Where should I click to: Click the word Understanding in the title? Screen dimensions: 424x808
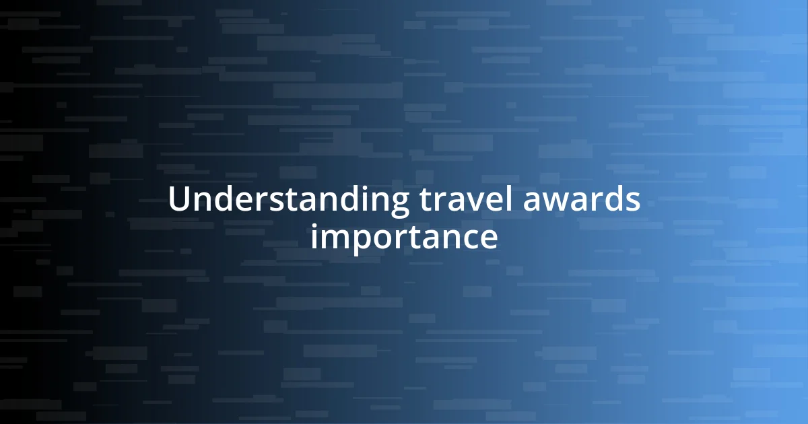[x=288, y=201]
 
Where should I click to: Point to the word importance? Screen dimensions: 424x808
[x=404, y=237]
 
